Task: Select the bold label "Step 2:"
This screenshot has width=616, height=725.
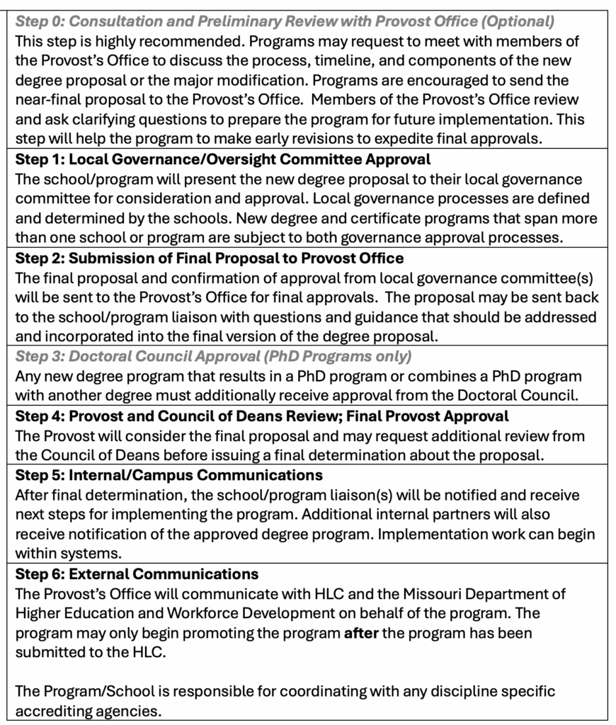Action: (39, 258)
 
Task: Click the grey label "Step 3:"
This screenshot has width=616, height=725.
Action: (40, 356)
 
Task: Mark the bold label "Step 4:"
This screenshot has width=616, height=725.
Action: (40, 416)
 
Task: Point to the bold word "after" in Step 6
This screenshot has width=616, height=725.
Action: (360, 632)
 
